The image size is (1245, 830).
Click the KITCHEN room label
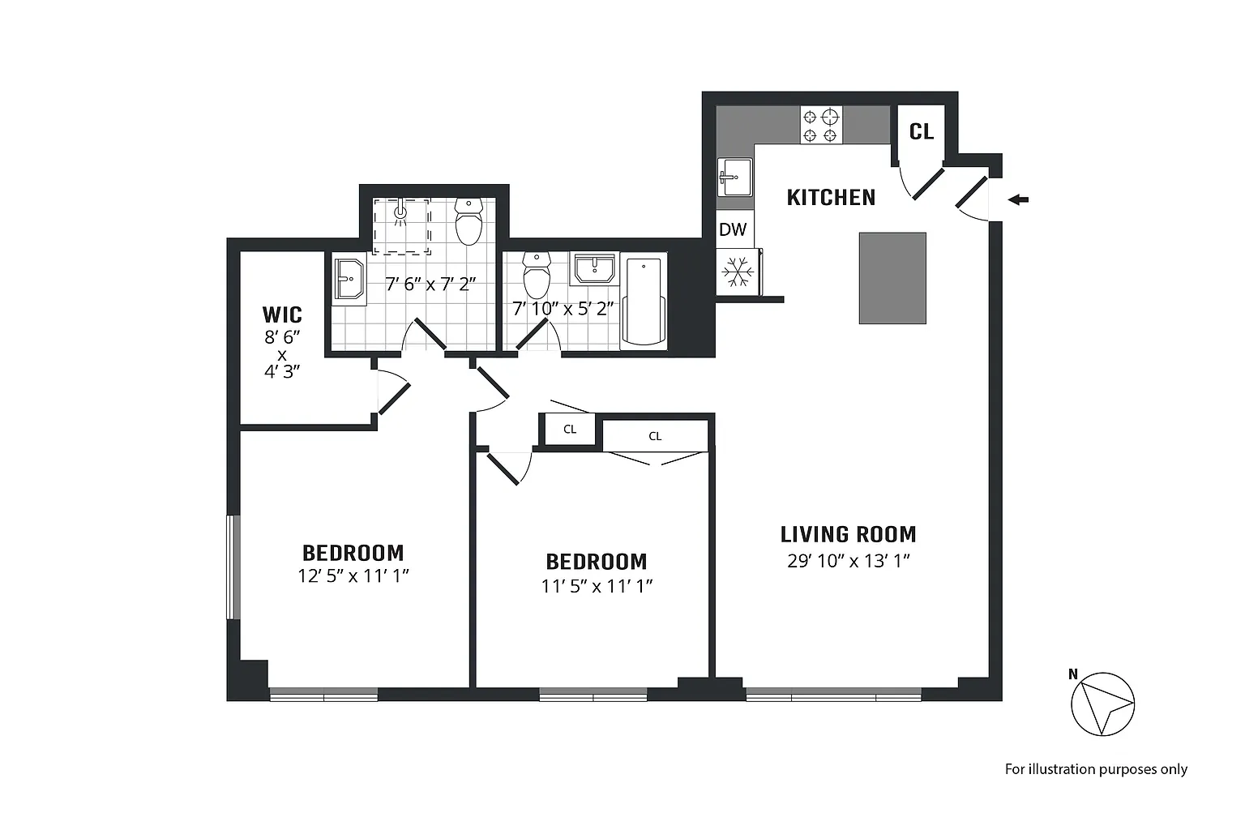pos(831,197)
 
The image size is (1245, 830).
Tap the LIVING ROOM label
pos(848,534)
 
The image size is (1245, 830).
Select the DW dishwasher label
pos(733,229)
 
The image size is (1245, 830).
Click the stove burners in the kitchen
pos(821,125)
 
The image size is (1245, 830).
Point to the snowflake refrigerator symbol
pos(738,272)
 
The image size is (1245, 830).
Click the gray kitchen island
pos(892,278)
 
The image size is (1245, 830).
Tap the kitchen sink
pos(735,178)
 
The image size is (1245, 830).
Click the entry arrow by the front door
pos(1018,199)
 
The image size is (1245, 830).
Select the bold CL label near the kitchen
pos(921,132)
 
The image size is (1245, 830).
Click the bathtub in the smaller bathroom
pos(643,302)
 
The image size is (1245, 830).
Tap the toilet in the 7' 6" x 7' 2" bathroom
pos(468,222)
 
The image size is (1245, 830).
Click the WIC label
pos(282,315)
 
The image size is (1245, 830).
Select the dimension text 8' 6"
pos(282,337)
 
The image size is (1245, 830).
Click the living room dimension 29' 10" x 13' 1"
pos(848,561)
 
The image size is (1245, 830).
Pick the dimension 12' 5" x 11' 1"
pos(353,576)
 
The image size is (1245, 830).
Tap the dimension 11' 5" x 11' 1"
pos(597,586)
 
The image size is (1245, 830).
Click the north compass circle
pos(1102,704)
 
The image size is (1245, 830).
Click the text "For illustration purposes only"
pos(1096,769)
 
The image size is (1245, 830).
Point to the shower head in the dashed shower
pos(400,212)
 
